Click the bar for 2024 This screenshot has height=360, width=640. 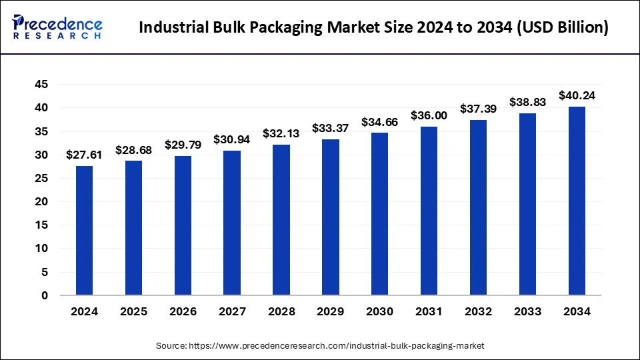[84, 230]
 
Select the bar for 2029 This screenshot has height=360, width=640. [331, 217]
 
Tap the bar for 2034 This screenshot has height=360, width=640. [577, 201]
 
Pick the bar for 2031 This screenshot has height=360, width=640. [429, 211]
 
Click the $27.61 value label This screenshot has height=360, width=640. [84, 155]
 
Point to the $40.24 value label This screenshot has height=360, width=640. [577, 95]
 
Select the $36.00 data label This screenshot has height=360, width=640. [429, 115]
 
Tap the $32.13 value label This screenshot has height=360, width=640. [281, 133]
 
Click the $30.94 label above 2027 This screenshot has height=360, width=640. [232, 139]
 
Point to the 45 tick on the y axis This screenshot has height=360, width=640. [41, 85]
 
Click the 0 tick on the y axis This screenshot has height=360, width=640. [45, 295]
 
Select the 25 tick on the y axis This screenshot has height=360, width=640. [41, 178]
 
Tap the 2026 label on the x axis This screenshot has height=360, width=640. [183, 311]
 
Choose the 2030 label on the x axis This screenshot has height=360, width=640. [380, 311]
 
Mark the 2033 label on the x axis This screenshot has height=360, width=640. [527, 311]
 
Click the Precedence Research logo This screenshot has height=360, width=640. [57, 27]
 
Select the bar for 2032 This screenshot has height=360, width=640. [478, 207]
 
